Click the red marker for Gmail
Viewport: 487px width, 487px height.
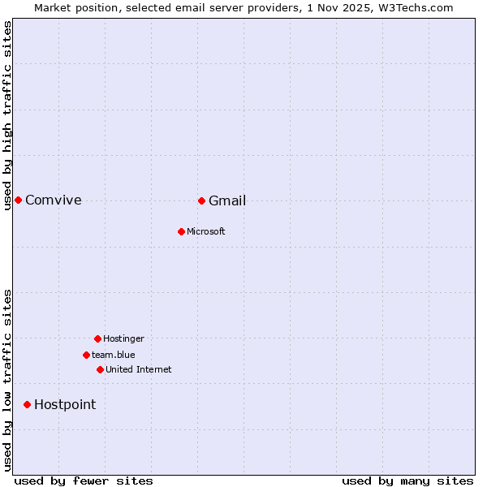click(201, 200)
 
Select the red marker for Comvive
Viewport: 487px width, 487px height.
click(18, 200)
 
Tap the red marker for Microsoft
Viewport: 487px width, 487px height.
click(181, 231)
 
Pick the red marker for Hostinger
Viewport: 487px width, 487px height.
click(97, 338)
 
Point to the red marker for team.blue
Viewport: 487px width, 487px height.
click(86, 355)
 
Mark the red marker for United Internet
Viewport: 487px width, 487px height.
click(100, 369)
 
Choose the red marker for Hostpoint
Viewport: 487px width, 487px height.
click(27, 404)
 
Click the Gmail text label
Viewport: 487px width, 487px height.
click(227, 200)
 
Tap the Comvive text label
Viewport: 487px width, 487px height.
click(54, 200)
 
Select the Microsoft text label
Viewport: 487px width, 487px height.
click(206, 231)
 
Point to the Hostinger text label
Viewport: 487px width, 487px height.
click(123, 338)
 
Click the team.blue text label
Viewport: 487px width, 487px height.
click(114, 355)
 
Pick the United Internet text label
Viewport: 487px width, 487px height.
click(139, 369)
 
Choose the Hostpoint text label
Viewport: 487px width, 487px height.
click(65, 404)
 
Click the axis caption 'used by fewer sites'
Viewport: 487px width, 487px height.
click(84, 481)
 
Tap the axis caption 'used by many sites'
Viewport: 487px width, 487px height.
click(407, 481)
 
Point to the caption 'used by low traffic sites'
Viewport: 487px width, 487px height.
click(7, 380)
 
